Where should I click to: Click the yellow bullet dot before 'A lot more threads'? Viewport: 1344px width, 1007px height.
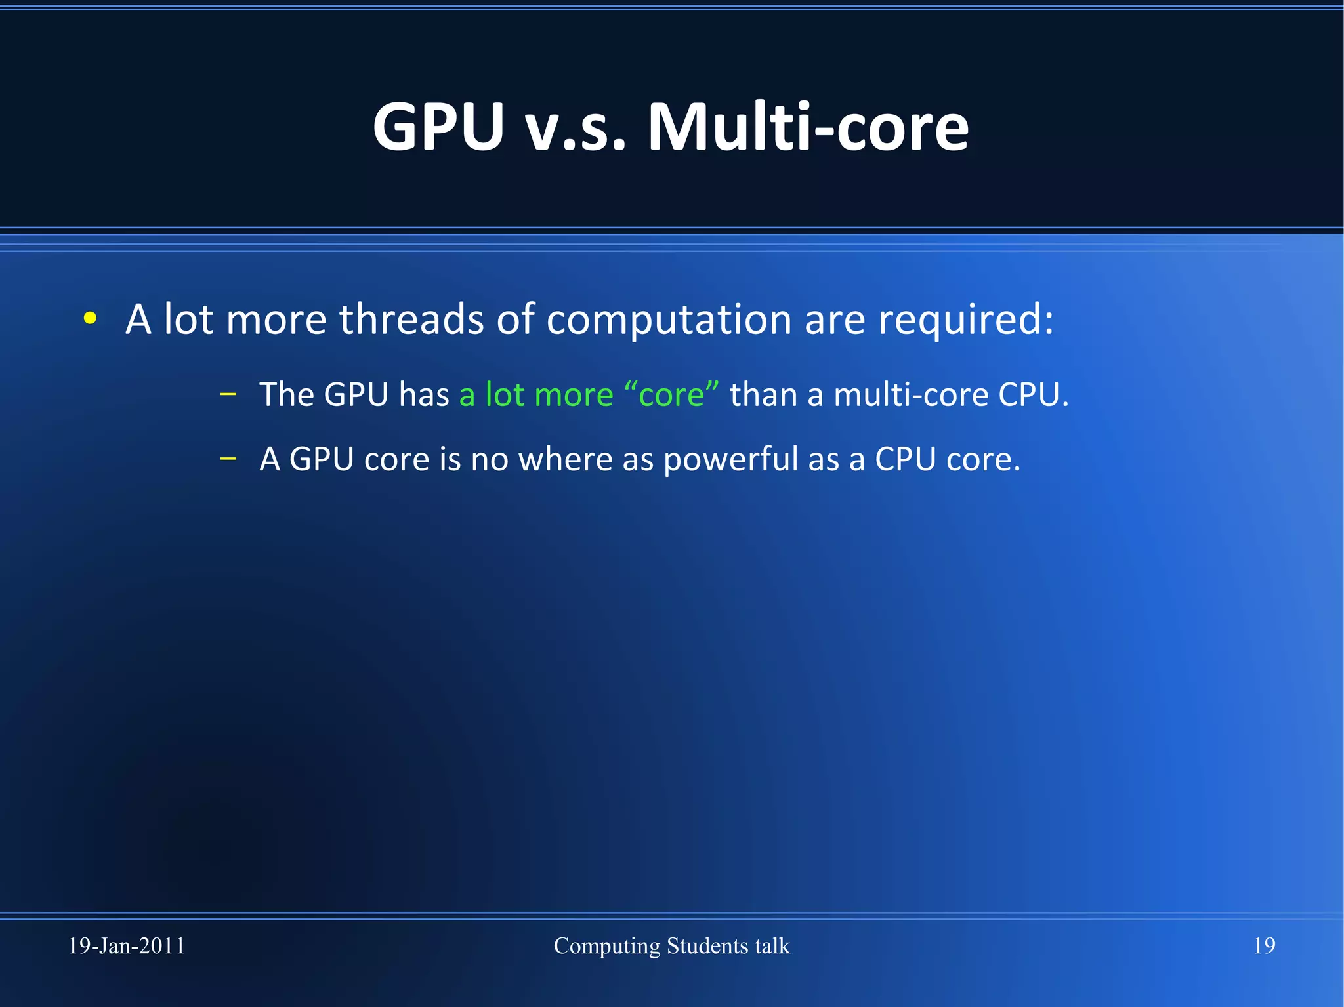point(91,319)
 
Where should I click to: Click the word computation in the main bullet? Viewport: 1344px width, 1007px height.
point(669,321)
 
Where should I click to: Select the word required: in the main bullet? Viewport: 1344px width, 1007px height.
point(965,321)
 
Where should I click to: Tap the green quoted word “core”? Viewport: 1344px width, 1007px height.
point(671,395)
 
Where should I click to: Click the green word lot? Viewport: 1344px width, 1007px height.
point(505,395)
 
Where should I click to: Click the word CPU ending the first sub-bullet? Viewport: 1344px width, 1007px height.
point(1032,395)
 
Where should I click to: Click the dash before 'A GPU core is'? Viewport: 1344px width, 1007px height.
point(228,459)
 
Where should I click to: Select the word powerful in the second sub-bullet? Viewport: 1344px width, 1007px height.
point(730,460)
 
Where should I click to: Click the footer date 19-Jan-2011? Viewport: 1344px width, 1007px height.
point(127,946)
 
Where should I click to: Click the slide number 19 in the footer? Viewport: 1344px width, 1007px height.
point(1264,946)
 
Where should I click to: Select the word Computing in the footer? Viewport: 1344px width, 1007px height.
point(607,947)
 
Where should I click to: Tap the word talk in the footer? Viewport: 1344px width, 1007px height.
point(772,946)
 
